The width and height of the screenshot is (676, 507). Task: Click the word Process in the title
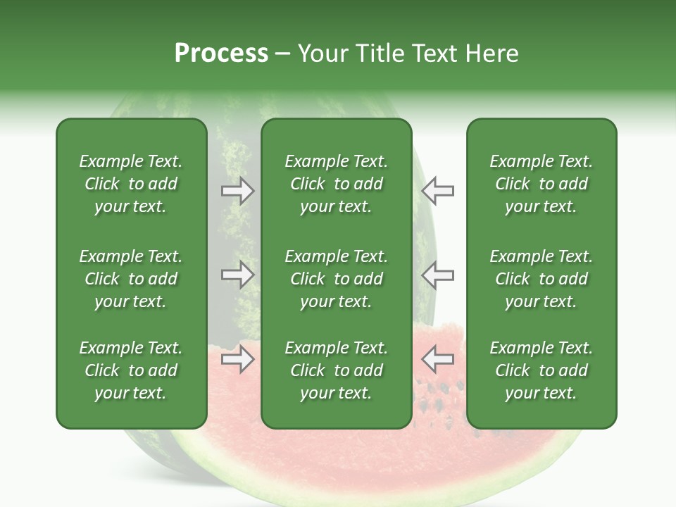coord(221,53)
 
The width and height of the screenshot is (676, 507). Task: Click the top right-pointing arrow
coord(238,191)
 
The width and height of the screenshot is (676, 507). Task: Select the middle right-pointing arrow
coord(238,275)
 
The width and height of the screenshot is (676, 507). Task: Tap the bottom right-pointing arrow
coord(238,360)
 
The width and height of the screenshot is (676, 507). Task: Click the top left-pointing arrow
coord(437,191)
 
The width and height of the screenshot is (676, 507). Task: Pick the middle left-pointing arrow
coord(437,275)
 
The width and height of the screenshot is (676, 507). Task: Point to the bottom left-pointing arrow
coord(437,360)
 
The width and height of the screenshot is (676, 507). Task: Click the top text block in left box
coord(131,184)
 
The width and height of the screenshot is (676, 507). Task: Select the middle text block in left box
coord(131,279)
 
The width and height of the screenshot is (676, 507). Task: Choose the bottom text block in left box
coord(131,370)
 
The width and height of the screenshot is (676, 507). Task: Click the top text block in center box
coord(336,184)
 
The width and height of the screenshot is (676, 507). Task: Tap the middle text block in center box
coord(336,279)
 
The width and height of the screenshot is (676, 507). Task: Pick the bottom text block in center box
coord(336,370)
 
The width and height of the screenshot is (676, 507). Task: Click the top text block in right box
coord(541,184)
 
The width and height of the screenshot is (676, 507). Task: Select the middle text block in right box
coord(541,279)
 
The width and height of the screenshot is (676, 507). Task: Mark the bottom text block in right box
coord(541,370)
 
